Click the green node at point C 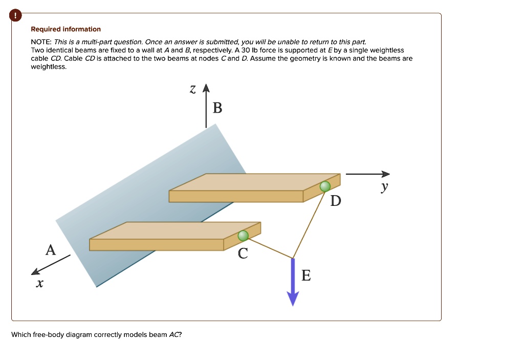point(243,236)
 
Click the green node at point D point(325,187)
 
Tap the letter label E point(305,276)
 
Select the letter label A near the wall point(50,250)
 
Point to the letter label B point(217,108)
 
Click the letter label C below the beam point(243,253)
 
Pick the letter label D point(335,201)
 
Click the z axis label point(192,90)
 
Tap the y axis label point(384,188)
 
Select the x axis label point(39,283)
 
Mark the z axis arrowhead point(206,89)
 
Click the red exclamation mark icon point(15,16)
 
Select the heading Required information point(66,29)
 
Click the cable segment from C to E point(268,247)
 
